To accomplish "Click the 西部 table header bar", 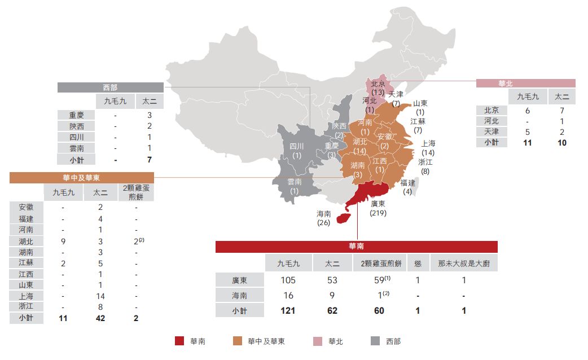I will click(111, 87).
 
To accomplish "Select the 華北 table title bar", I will click(525, 83).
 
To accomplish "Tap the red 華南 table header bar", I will click(356, 247).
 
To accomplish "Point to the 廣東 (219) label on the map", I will click(378, 208).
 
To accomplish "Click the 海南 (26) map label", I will click(324, 218).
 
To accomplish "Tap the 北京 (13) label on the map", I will click(378, 88).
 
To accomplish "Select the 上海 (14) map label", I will click(428, 148).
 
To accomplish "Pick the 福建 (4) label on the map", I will click(408, 187).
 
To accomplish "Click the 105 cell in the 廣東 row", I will click(288, 280).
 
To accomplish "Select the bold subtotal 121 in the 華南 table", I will click(288, 310).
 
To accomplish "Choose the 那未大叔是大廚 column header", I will click(463, 263).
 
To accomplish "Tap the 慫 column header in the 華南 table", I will click(417, 263).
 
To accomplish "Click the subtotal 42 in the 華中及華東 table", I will click(100, 318).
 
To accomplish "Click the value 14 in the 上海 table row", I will click(100, 296).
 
